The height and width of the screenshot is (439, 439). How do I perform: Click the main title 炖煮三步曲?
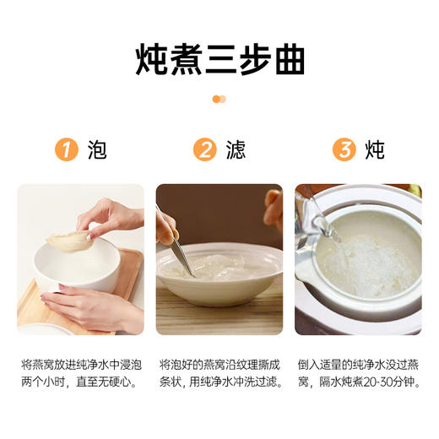[x=219, y=60]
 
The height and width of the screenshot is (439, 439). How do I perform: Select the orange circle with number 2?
[x=204, y=150]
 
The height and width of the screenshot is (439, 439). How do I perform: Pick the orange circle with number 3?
[x=343, y=150]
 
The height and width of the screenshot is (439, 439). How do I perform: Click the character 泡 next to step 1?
[x=97, y=150]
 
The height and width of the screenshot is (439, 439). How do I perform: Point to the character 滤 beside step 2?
[x=236, y=150]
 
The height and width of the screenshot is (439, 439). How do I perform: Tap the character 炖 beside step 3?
[x=374, y=150]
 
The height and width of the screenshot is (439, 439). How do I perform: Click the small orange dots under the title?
[x=219, y=99]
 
